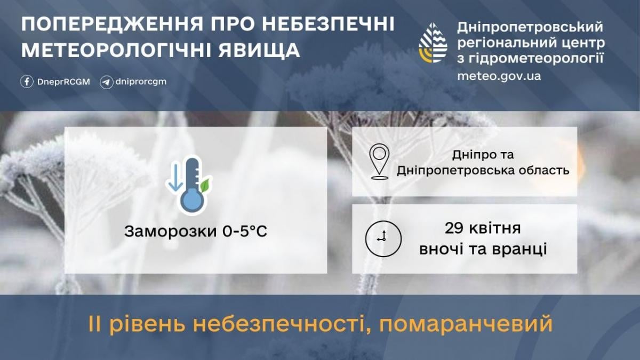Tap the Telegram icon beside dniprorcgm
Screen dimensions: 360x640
tap(106, 82)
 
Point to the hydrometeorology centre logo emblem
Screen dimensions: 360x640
tap(433, 43)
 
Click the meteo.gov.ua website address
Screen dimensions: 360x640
tap(499, 76)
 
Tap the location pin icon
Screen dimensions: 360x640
tap(379, 161)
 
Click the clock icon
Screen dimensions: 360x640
tap(382, 238)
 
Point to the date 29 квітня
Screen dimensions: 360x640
tap(483, 230)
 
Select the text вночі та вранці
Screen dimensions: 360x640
tap(483, 249)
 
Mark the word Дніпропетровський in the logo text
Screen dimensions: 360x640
tap(530, 27)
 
